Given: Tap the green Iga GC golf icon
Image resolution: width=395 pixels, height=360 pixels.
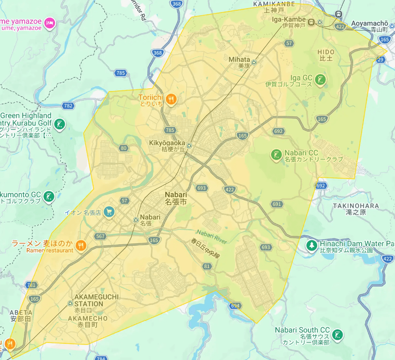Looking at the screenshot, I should [320, 80].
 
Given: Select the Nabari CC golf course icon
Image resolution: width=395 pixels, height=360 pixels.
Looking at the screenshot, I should [276, 155].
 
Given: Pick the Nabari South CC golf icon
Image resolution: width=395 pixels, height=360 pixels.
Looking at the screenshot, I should [338, 334].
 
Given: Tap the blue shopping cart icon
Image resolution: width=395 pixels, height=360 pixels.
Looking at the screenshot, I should [109, 212].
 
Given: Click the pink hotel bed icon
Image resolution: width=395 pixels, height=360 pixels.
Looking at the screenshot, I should [50, 23].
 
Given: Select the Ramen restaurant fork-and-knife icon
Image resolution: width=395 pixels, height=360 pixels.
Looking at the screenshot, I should [80, 245].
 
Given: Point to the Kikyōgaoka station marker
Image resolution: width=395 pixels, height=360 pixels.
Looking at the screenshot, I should [189, 146].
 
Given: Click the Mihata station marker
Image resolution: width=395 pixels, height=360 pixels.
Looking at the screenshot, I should [254, 62].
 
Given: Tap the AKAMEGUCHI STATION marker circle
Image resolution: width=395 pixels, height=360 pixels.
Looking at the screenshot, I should [70, 303].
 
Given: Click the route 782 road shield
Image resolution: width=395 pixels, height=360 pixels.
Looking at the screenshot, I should [68, 106].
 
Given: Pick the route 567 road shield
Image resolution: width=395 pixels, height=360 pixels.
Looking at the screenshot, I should [100, 236].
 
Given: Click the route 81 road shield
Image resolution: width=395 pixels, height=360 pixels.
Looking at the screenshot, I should [207, 266].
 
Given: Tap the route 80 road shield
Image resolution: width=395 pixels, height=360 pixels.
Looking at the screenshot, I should [123, 148].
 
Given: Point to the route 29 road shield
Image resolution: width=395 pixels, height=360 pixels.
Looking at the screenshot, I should [380, 59].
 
